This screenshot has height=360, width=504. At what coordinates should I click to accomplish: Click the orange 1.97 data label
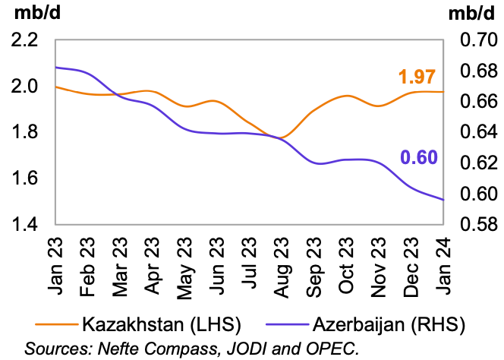click(x=417, y=77)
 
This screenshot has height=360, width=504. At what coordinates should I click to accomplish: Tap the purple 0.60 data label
click(x=417, y=158)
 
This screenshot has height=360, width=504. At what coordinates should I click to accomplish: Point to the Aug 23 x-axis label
click(x=282, y=262)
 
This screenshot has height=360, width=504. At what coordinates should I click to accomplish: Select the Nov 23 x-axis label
click(x=380, y=262)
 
